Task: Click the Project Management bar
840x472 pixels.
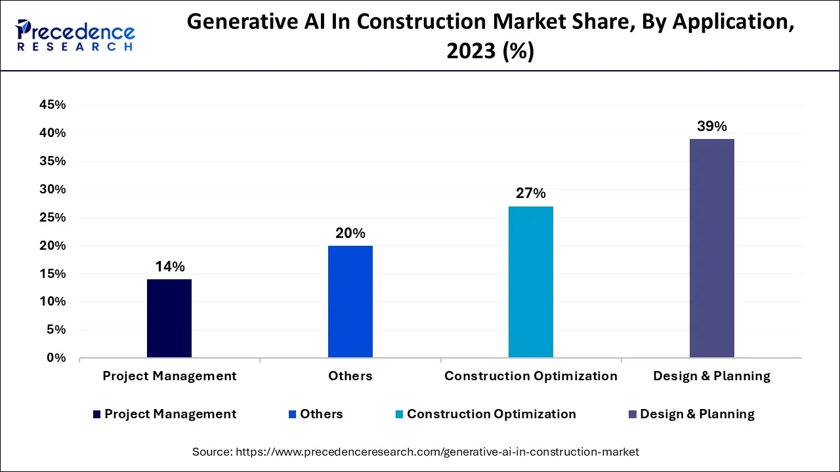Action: click(x=169, y=319)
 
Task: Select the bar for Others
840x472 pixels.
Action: click(x=350, y=302)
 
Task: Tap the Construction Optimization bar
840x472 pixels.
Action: click(x=531, y=282)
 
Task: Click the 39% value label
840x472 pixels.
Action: click(x=712, y=127)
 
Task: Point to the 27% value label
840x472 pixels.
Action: click(x=531, y=193)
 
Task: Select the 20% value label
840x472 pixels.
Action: click(x=350, y=233)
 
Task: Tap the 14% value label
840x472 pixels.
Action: click(x=169, y=267)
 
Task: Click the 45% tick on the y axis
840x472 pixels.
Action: click(x=52, y=105)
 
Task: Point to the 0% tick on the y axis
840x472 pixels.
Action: click(x=56, y=358)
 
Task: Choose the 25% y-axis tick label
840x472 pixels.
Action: click(x=52, y=218)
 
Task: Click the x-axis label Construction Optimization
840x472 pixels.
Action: click(x=531, y=376)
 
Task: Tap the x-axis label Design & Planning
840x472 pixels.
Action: click(x=712, y=376)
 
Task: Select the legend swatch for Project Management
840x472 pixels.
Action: click(x=97, y=414)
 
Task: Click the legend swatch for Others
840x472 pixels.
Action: click(x=293, y=414)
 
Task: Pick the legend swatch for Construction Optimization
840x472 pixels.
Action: click(x=400, y=414)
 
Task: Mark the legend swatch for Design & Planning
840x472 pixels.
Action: click(x=633, y=414)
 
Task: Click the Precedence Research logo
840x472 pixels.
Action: click(x=75, y=35)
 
